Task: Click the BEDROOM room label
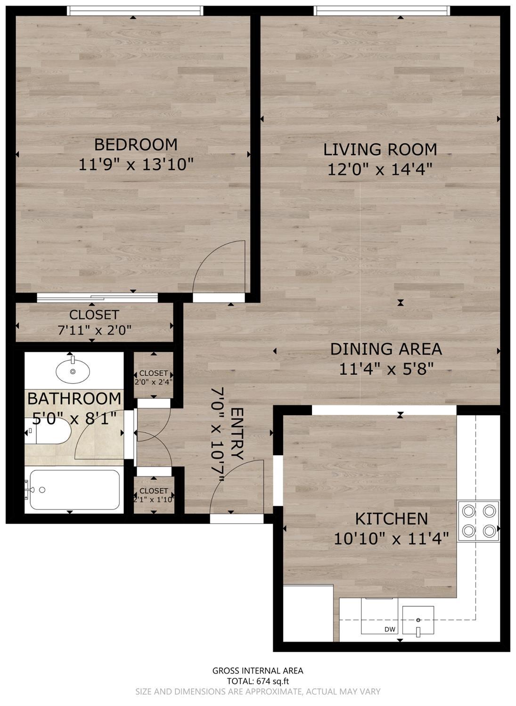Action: click(x=136, y=144)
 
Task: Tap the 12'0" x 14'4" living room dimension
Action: click(x=380, y=169)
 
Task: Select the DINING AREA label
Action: click(x=386, y=349)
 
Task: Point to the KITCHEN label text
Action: click(x=391, y=519)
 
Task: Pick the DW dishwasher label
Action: click(x=390, y=630)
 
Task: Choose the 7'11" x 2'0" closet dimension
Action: click(x=94, y=330)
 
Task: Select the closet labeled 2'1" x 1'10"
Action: click(x=154, y=495)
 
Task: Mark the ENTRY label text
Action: click(x=237, y=434)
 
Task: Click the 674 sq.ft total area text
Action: click(x=258, y=681)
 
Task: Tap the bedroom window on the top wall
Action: click(x=135, y=10)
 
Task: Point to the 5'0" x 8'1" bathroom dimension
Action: click(x=75, y=418)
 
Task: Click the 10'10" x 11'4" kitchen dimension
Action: click(x=391, y=538)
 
